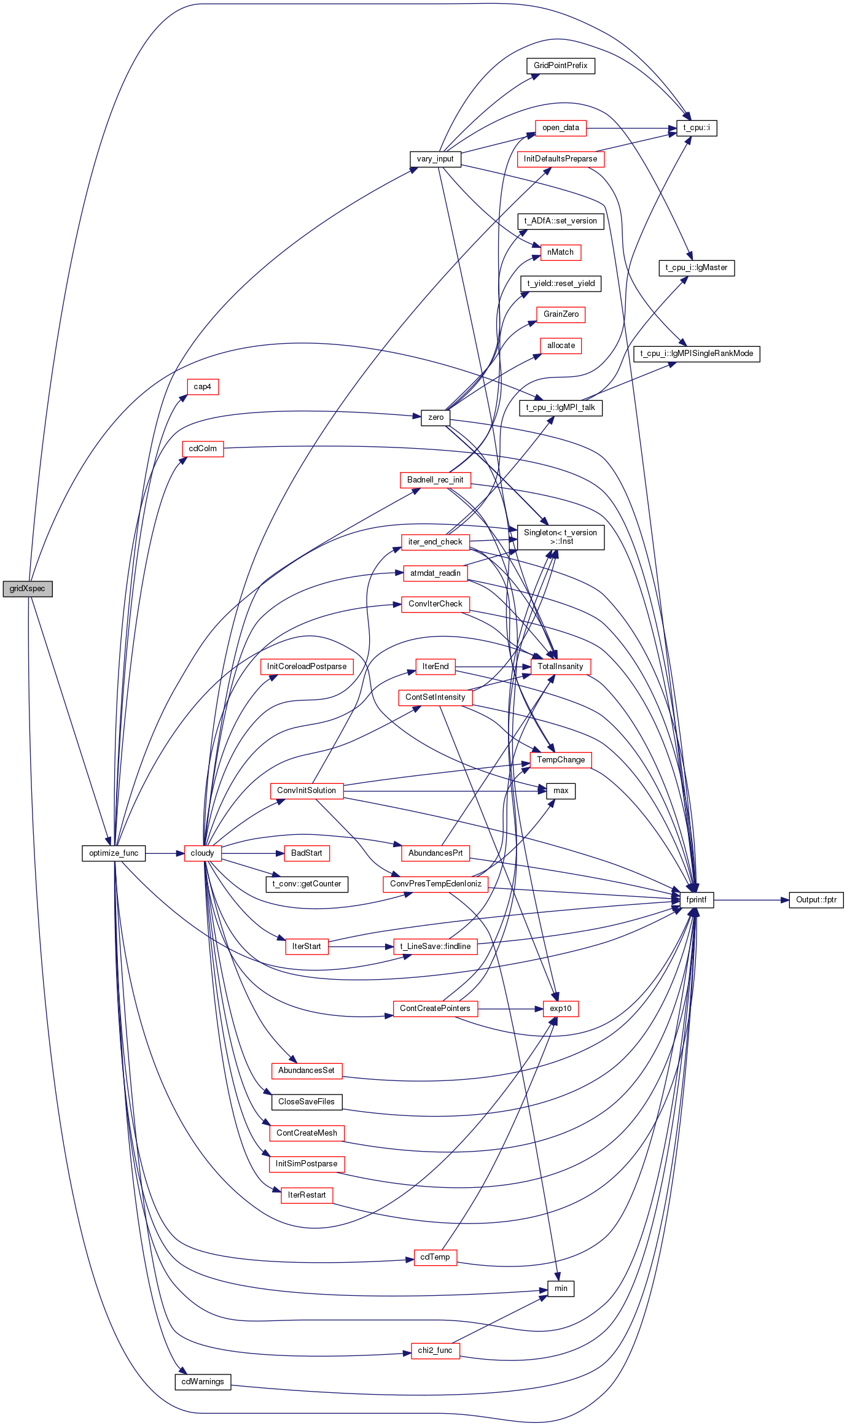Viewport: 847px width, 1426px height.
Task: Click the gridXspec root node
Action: click(28, 589)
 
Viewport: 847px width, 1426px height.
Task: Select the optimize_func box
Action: click(114, 853)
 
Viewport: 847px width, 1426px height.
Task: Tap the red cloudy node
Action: click(203, 853)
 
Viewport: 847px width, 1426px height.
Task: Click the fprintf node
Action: click(697, 900)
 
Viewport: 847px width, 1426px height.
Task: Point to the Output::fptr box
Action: click(816, 900)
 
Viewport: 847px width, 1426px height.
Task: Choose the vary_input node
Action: click(435, 159)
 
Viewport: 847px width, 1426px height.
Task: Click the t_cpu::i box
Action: click(697, 128)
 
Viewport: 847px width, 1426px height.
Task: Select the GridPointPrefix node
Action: click(561, 66)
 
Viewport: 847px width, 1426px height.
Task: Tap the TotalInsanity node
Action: click(561, 667)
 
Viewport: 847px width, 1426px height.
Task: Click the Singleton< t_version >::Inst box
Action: click(561, 537)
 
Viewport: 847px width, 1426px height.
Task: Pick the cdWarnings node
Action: click(203, 1382)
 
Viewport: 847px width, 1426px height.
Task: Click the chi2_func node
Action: click(435, 1350)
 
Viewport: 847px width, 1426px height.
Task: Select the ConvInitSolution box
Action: click(306, 791)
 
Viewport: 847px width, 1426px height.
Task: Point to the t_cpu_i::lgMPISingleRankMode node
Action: click(697, 354)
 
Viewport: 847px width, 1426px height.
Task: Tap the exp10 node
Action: click(561, 1009)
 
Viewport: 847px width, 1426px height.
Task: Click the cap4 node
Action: click(203, 387)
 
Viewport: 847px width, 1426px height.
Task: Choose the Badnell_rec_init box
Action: click(435, 480)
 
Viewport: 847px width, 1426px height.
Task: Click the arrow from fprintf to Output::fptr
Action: click(751, 900)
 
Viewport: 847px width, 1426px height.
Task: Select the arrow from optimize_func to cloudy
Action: click(165, 853)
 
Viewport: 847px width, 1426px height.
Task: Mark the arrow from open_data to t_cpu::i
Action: click(631, 128)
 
